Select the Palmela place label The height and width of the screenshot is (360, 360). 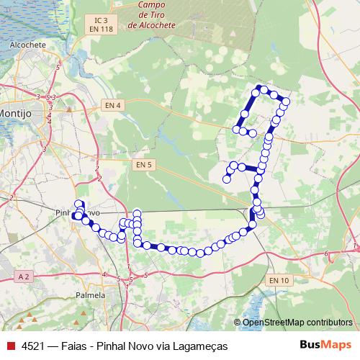[x=90, y=294]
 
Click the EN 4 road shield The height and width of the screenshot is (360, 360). [x=113, y=104]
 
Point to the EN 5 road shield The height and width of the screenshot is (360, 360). [x=144, y=164]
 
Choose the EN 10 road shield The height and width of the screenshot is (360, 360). [x=279, y=280]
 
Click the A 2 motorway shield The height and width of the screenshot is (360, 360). [x=23, y=276]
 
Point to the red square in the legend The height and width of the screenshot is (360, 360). [x=11, y=346]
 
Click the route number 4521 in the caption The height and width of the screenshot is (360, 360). [x=33, y=346]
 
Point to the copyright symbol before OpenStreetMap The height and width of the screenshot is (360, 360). [x=238, y=322]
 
